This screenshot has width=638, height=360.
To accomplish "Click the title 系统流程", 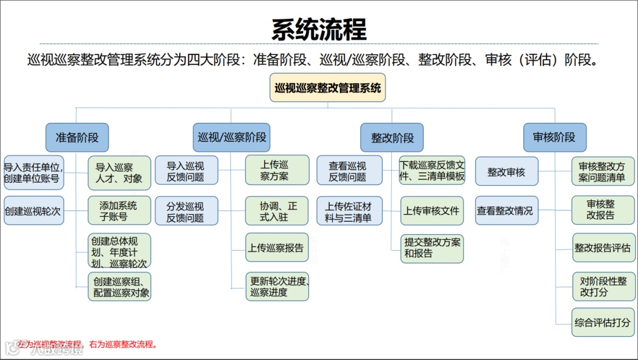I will tap(319, 29).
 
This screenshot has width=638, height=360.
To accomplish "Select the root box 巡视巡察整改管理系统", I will tap(328, 88).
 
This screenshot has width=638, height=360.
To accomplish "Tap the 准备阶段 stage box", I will tap(77, 138).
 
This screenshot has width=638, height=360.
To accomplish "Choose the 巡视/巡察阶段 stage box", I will tap(232, 138).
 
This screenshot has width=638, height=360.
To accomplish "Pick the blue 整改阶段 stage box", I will tap(392, 138).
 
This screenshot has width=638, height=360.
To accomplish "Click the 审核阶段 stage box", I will tap(554, 138).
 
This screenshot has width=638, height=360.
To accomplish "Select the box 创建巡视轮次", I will tap(33, 210).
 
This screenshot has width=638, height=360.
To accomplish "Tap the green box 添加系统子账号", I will tap(119, 210).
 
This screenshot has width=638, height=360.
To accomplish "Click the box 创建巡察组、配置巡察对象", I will tap(119, 287).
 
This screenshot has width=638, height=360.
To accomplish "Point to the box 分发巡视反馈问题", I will tap(186, 211).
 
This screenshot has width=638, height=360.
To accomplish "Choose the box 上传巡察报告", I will tap(277, 248).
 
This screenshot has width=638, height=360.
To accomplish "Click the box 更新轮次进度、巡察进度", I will tap(277, 287).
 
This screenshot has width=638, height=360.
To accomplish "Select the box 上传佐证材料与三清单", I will tap(349, 211).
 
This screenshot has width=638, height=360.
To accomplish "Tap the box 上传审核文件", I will tap(431, 210).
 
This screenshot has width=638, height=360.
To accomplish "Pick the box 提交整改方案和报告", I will tap(431, 248).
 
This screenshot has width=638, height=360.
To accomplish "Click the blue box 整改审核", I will tap(506, 173).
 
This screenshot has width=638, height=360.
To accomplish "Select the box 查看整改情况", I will tap(506, 210).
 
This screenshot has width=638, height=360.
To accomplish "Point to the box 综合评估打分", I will tap(602, 323).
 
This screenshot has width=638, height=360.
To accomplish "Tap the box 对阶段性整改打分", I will tap(602, 287).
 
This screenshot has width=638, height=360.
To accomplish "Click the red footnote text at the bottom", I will tap(87, 344).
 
